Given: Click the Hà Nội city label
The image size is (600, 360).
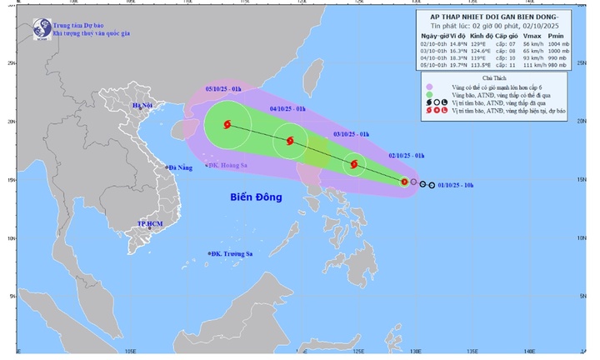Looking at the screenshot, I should point(146,106).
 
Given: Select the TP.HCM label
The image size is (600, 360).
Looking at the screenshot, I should point(149,225).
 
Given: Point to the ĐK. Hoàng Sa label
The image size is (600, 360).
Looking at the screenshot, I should point(225,166).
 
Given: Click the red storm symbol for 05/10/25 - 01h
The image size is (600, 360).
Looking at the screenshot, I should point(227,126).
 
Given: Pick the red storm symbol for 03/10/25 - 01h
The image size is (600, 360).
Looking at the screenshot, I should point(355,165).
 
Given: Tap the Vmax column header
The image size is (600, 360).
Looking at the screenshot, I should point(536,38).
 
